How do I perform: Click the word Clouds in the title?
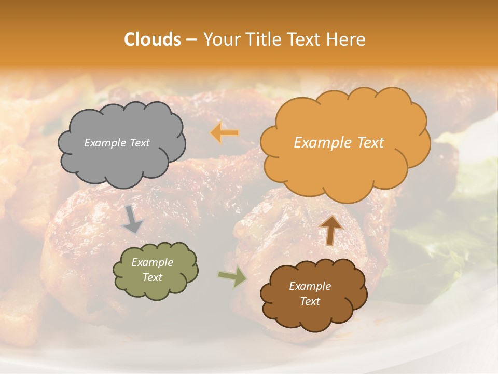153,39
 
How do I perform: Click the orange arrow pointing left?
225,133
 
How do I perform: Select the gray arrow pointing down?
133,219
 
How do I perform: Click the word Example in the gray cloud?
105,143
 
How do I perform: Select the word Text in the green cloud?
153,277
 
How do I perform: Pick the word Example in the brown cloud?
310,286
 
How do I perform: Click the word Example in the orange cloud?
322,143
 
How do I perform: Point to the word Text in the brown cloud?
310,301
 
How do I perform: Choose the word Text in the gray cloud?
139,143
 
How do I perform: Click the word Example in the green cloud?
153,262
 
